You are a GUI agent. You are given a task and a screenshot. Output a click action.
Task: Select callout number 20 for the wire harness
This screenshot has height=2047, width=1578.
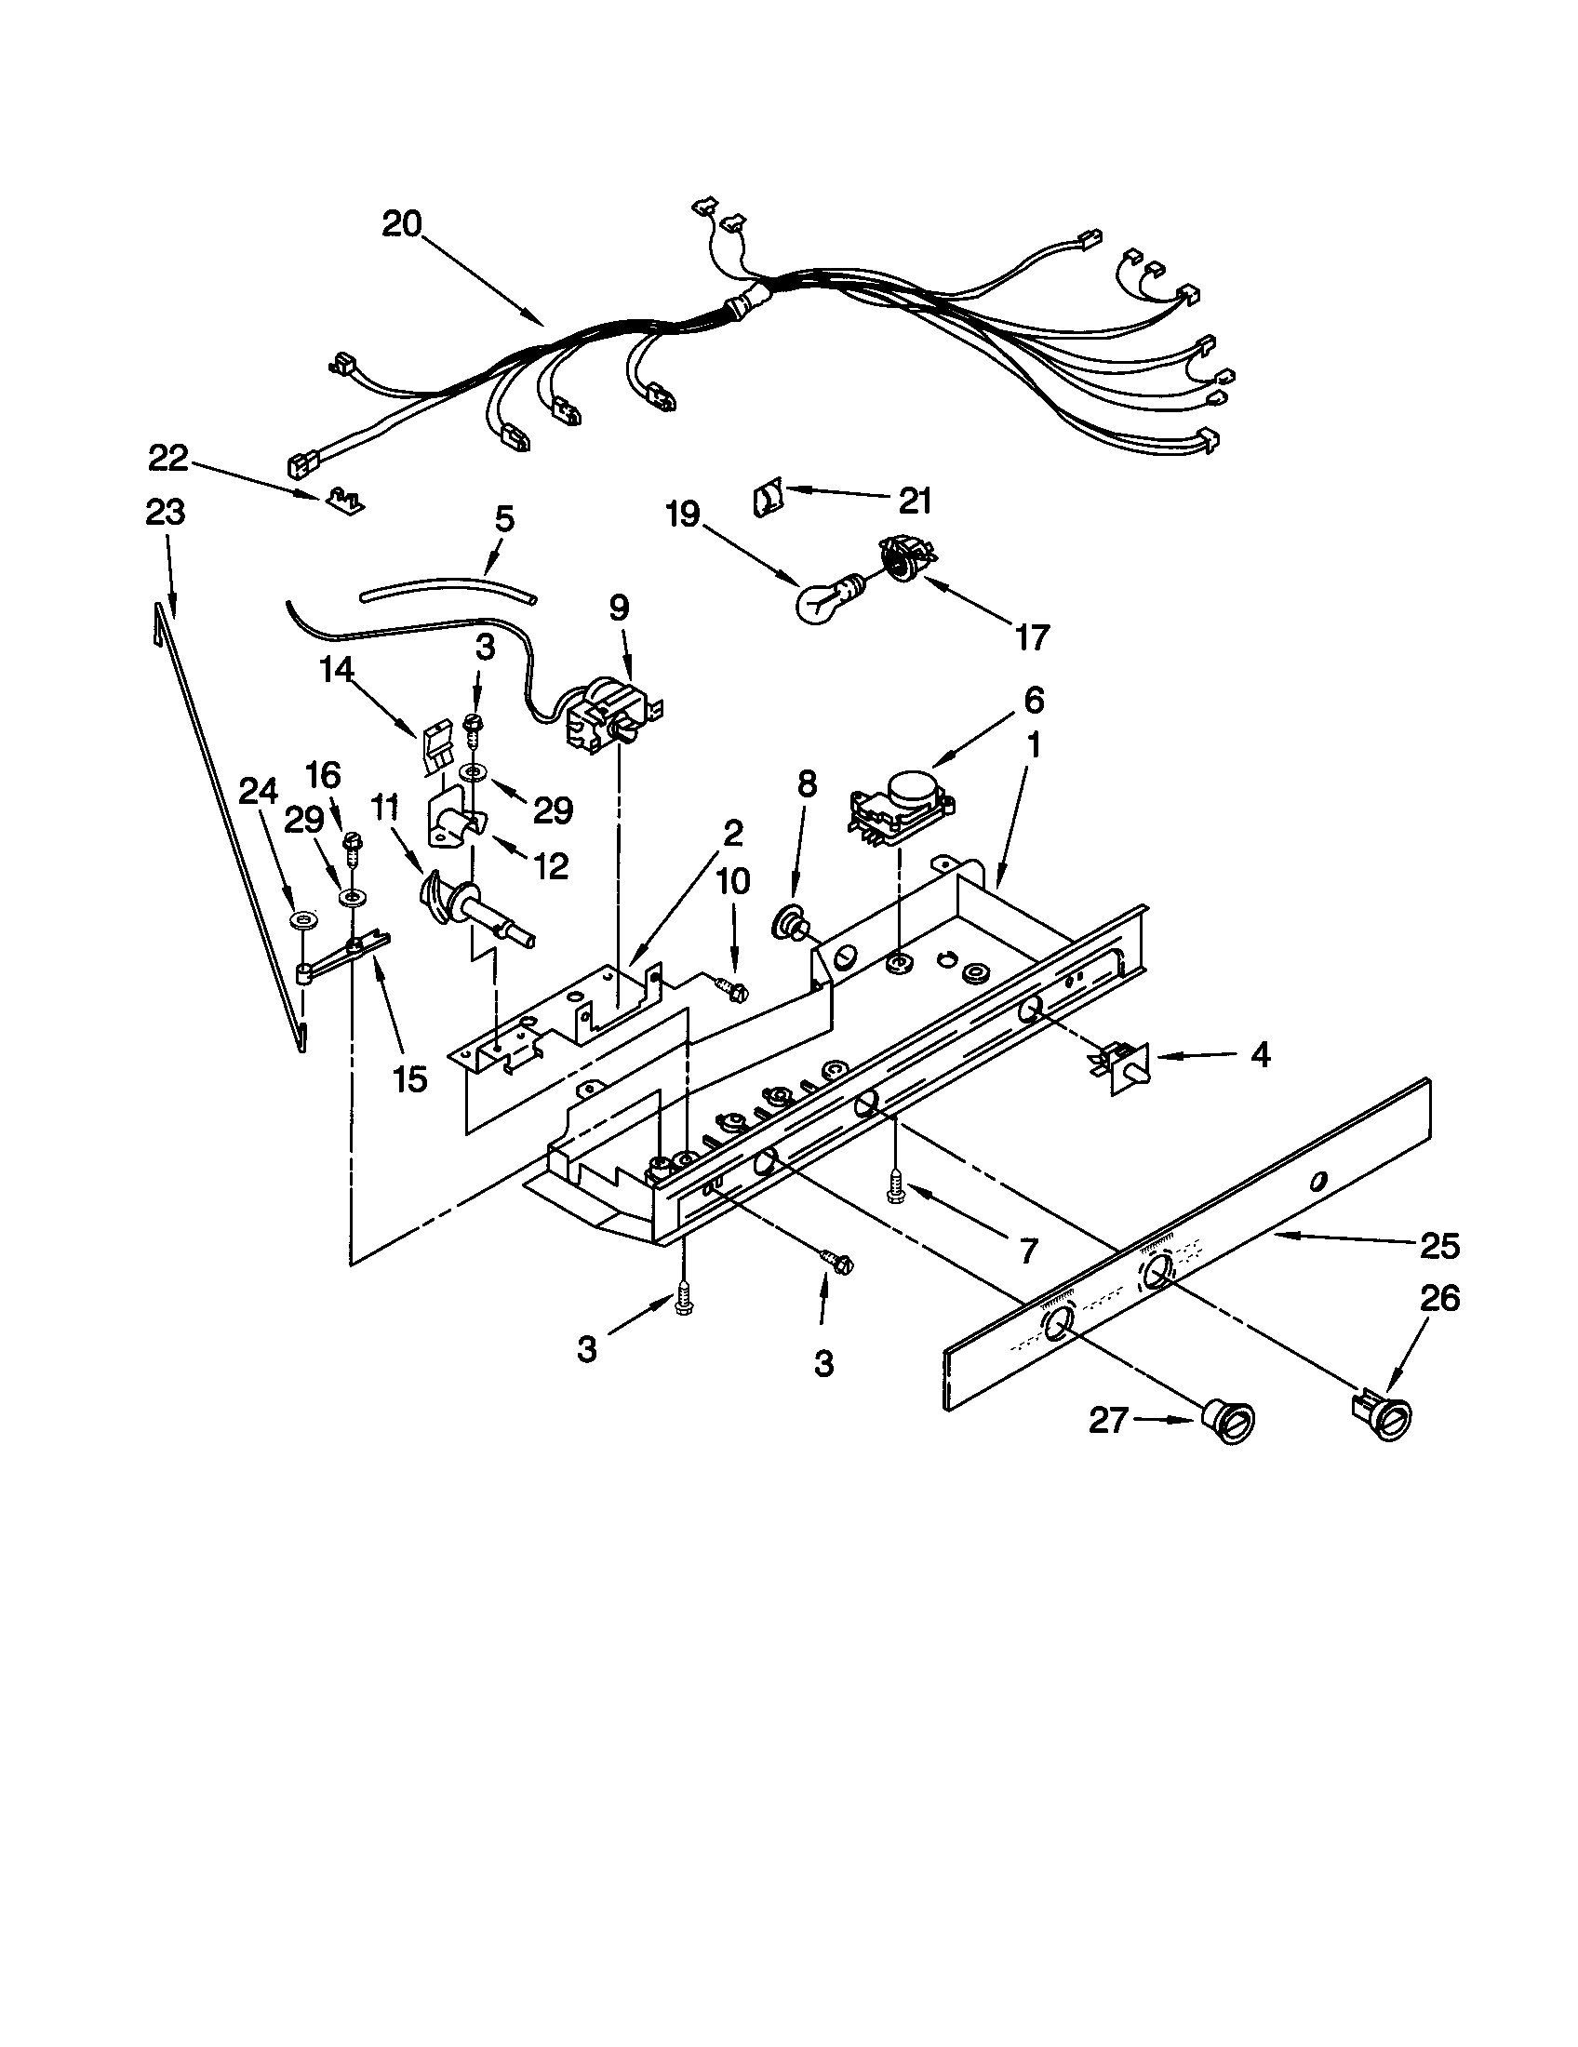402,224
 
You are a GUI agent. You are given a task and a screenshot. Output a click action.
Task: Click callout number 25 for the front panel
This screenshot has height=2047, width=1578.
1439,1246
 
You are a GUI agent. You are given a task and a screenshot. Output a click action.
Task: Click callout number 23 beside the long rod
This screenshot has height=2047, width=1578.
166,513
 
